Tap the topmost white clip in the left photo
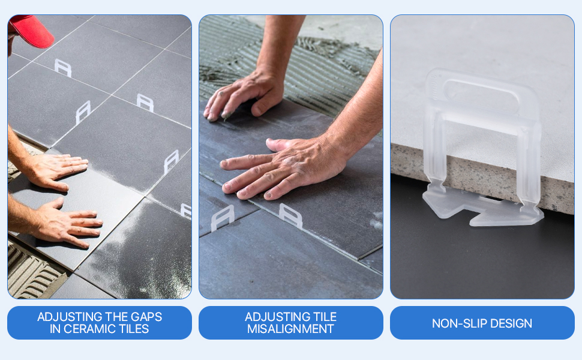[x=63, y=68]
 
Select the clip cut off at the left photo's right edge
[x=187, y=210]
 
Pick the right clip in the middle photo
[x=291, y=215]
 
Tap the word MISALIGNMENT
[x=290, y=329]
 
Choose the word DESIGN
[x=511, y=323]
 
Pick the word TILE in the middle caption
[x=325, y=317]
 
